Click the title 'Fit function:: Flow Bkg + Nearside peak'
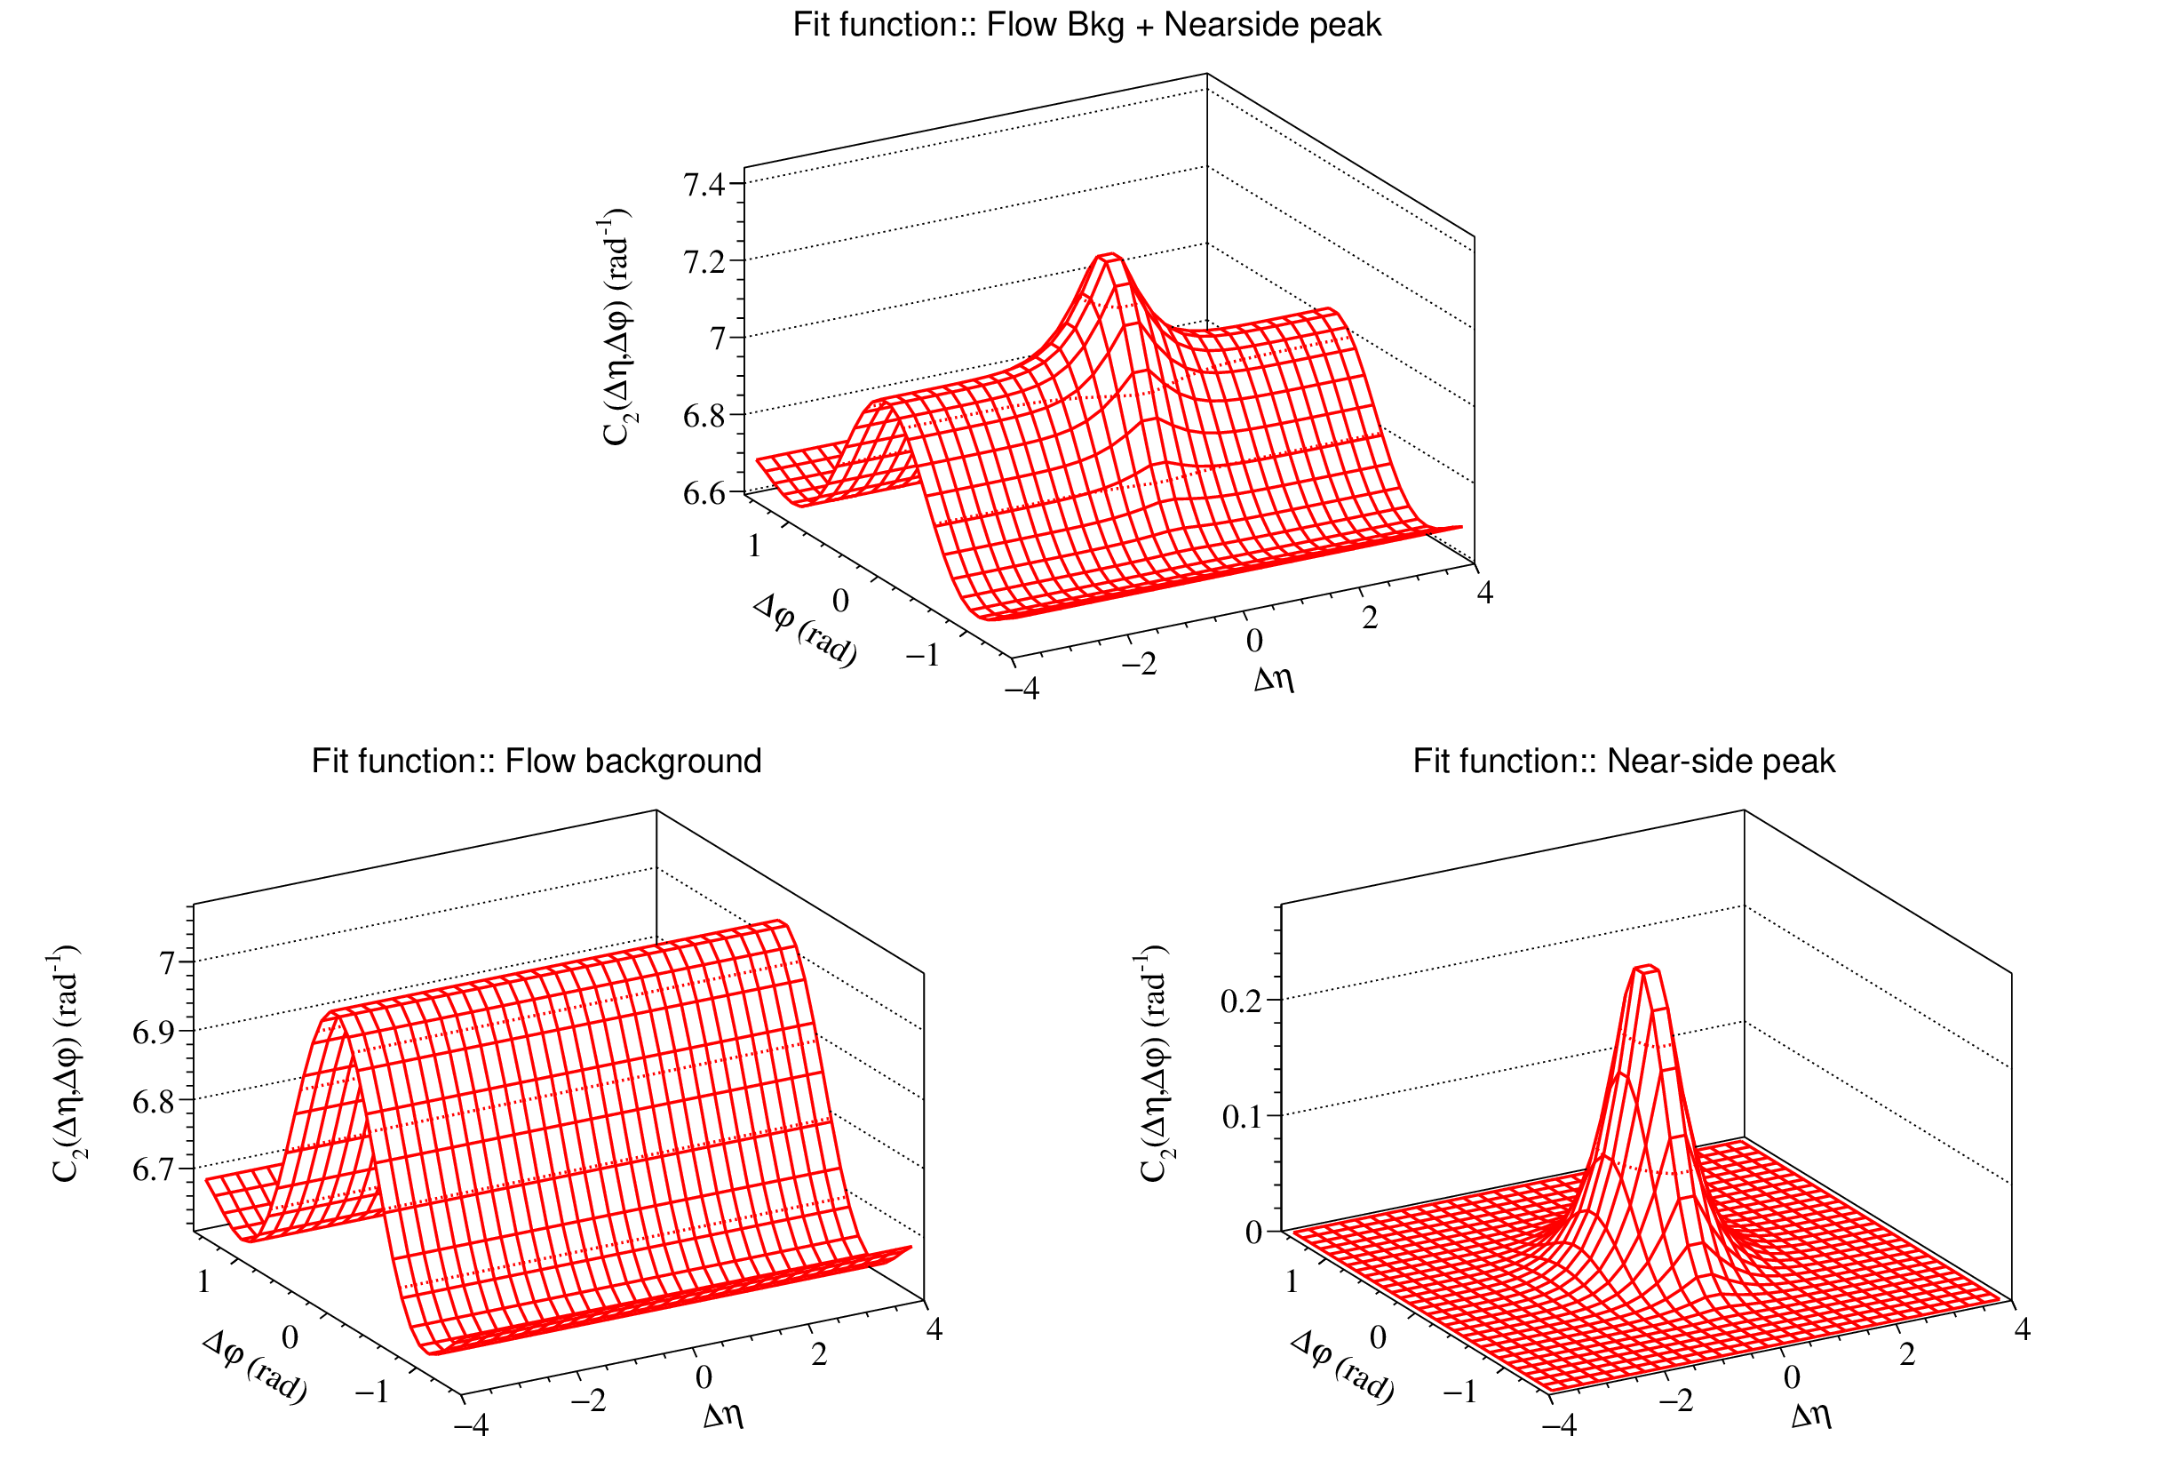1086,25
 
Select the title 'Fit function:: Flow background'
537,762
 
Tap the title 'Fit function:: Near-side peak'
1624,762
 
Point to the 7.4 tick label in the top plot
704,185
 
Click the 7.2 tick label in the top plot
704,262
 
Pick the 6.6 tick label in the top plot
704,493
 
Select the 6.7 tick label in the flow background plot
154,1170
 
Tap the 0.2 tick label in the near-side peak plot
1242,1001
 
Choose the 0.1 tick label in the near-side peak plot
1242,1116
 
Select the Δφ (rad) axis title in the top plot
805,630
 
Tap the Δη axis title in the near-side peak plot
1811,1416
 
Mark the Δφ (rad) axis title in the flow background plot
255,1367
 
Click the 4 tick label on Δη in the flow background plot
934,1329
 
